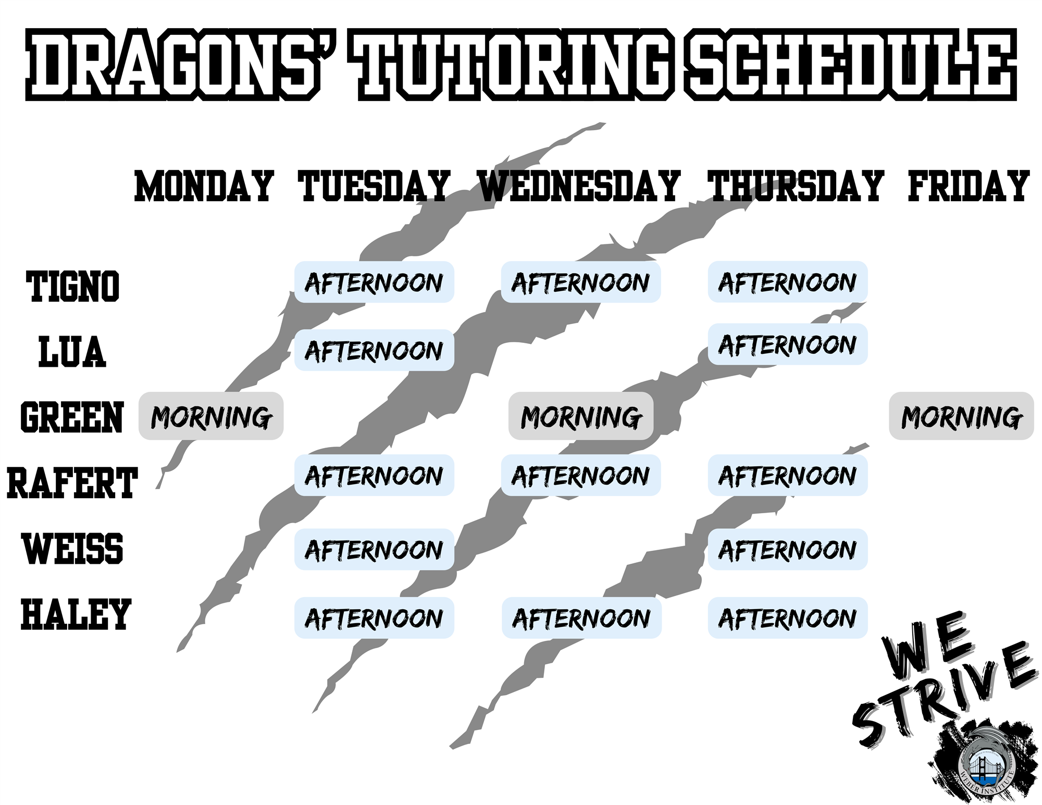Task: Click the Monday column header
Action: (204, 186)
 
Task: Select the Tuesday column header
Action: (374, 186)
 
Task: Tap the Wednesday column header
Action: (579, 186)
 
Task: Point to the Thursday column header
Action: (796, 186)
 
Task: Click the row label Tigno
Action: (72, 287)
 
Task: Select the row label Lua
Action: (72, 352)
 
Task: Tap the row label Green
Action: (72, 417)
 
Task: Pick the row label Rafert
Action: (72, 483)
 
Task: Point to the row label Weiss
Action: (73, 549)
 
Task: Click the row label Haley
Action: (76, 614)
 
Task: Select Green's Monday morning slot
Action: (211, 416)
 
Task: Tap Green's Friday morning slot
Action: (961, 416)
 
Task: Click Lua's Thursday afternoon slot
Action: (788, 344)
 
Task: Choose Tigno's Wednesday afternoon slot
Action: (581, 282)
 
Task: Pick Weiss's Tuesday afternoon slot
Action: (374, 549)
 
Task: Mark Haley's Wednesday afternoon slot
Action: (581, 618)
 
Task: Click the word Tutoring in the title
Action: (513, 65)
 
